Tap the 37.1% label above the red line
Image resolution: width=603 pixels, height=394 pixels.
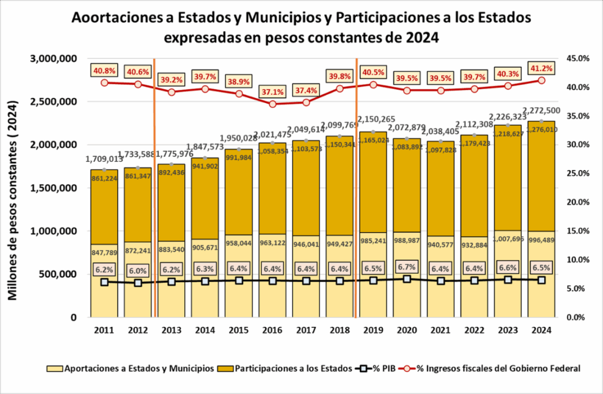(273, 92)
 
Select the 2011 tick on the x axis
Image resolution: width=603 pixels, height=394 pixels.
(104, 331)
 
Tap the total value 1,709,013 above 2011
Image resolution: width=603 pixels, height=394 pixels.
(104, 159)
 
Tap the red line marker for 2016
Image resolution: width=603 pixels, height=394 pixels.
(273, 104)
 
